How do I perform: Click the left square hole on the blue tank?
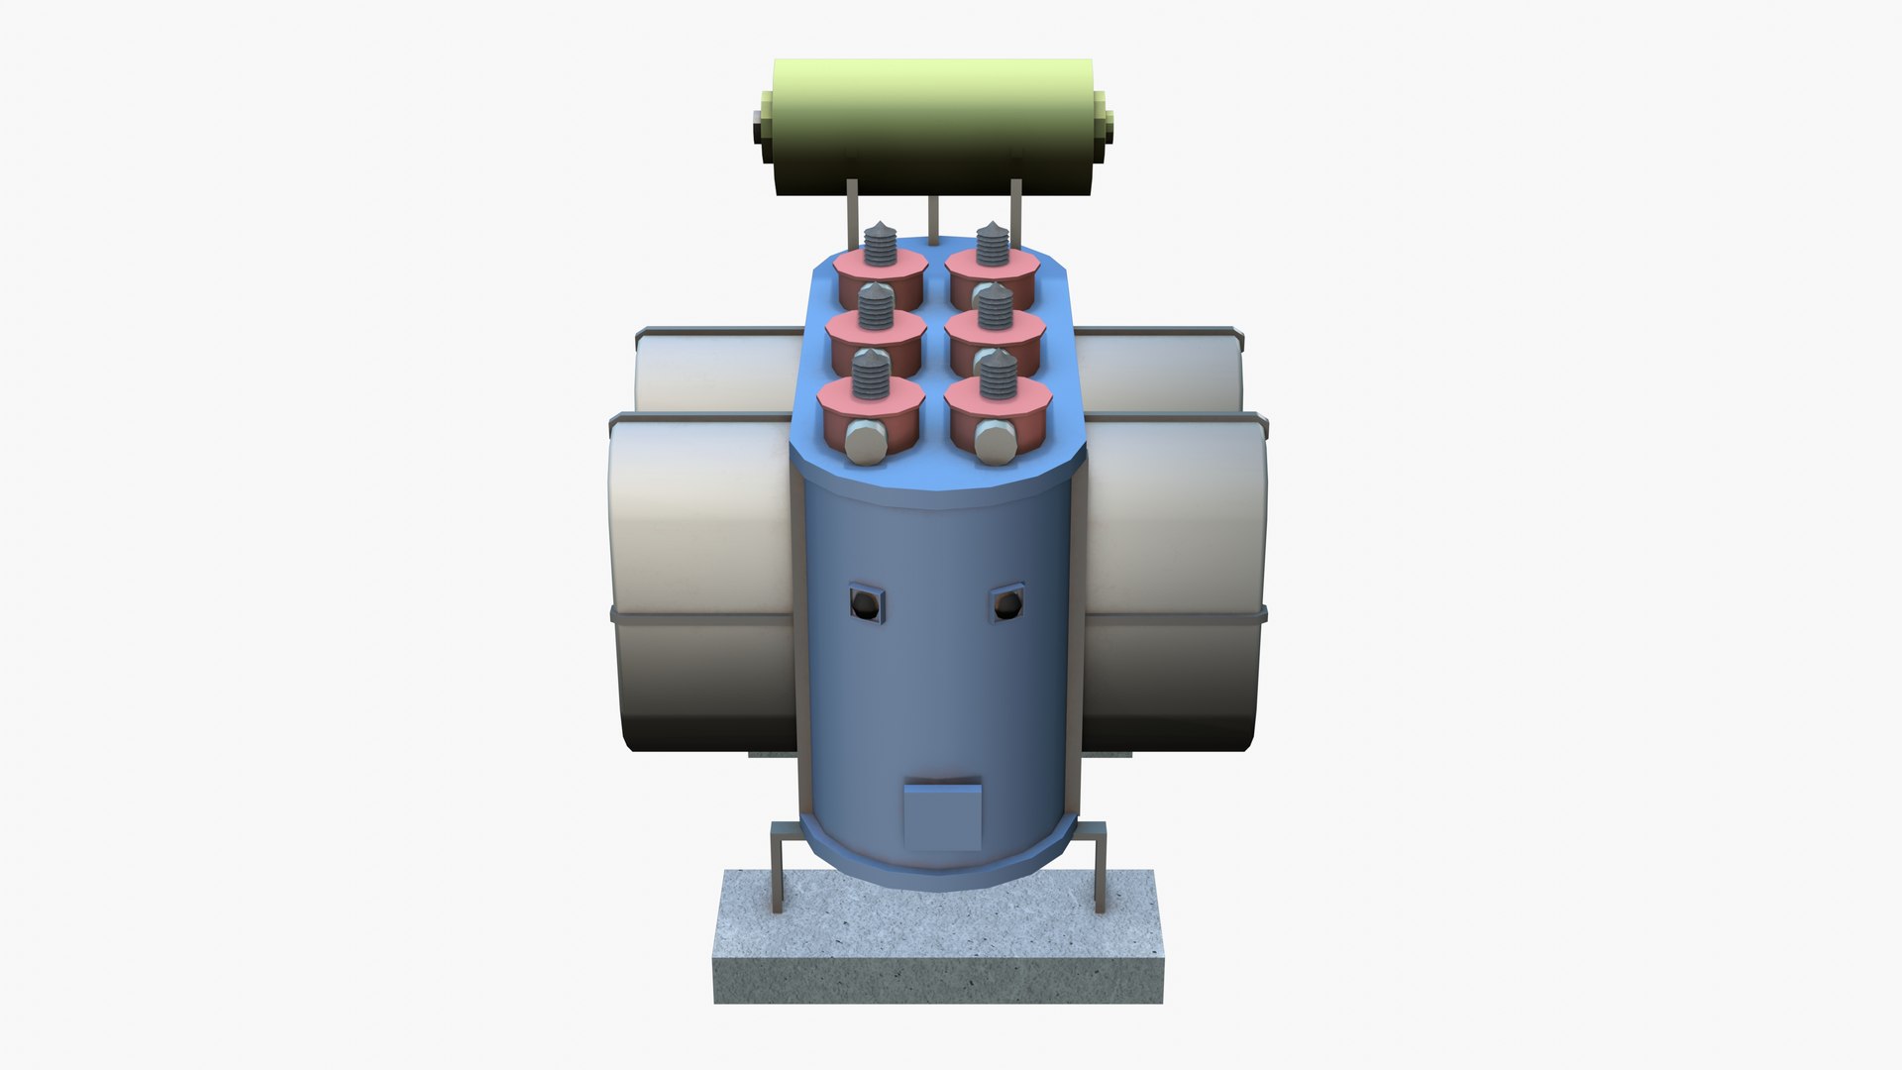click(x=866, y=603)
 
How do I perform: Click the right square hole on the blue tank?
click(x=1007, y=602)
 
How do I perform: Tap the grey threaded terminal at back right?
click(x=992, y=244)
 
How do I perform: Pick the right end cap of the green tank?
click(x=1103, y=127)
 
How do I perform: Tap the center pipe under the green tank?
click(x=932, y=219)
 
